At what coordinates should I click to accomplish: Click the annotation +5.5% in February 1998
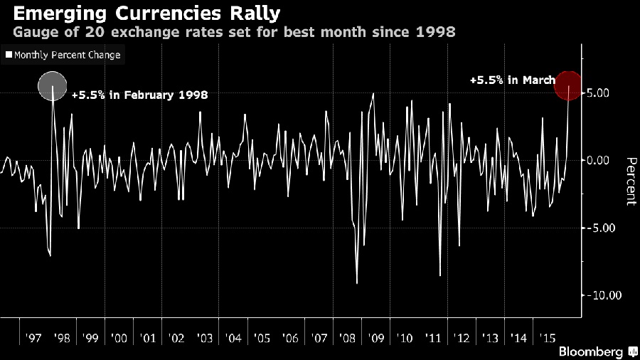[x=139, y=95]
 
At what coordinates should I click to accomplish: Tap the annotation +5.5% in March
[x=512, y=80]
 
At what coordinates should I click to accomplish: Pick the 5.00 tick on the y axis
[x=602, y=92]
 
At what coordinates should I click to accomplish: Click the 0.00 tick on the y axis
[x=602, y=160]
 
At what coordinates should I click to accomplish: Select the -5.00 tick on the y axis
[x=600, y=228]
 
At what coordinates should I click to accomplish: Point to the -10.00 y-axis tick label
[x=598, y=295]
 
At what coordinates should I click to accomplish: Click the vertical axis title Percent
[x=629, y=181]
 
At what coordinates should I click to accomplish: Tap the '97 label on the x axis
[x=32, y=336]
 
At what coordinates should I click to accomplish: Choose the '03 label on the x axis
[x=204, y=336]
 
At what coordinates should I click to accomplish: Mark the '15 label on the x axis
[x=548, y=336]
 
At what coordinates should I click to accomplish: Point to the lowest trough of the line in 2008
[x=357, y=283]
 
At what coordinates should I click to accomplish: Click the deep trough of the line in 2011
[x=440, y=275]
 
